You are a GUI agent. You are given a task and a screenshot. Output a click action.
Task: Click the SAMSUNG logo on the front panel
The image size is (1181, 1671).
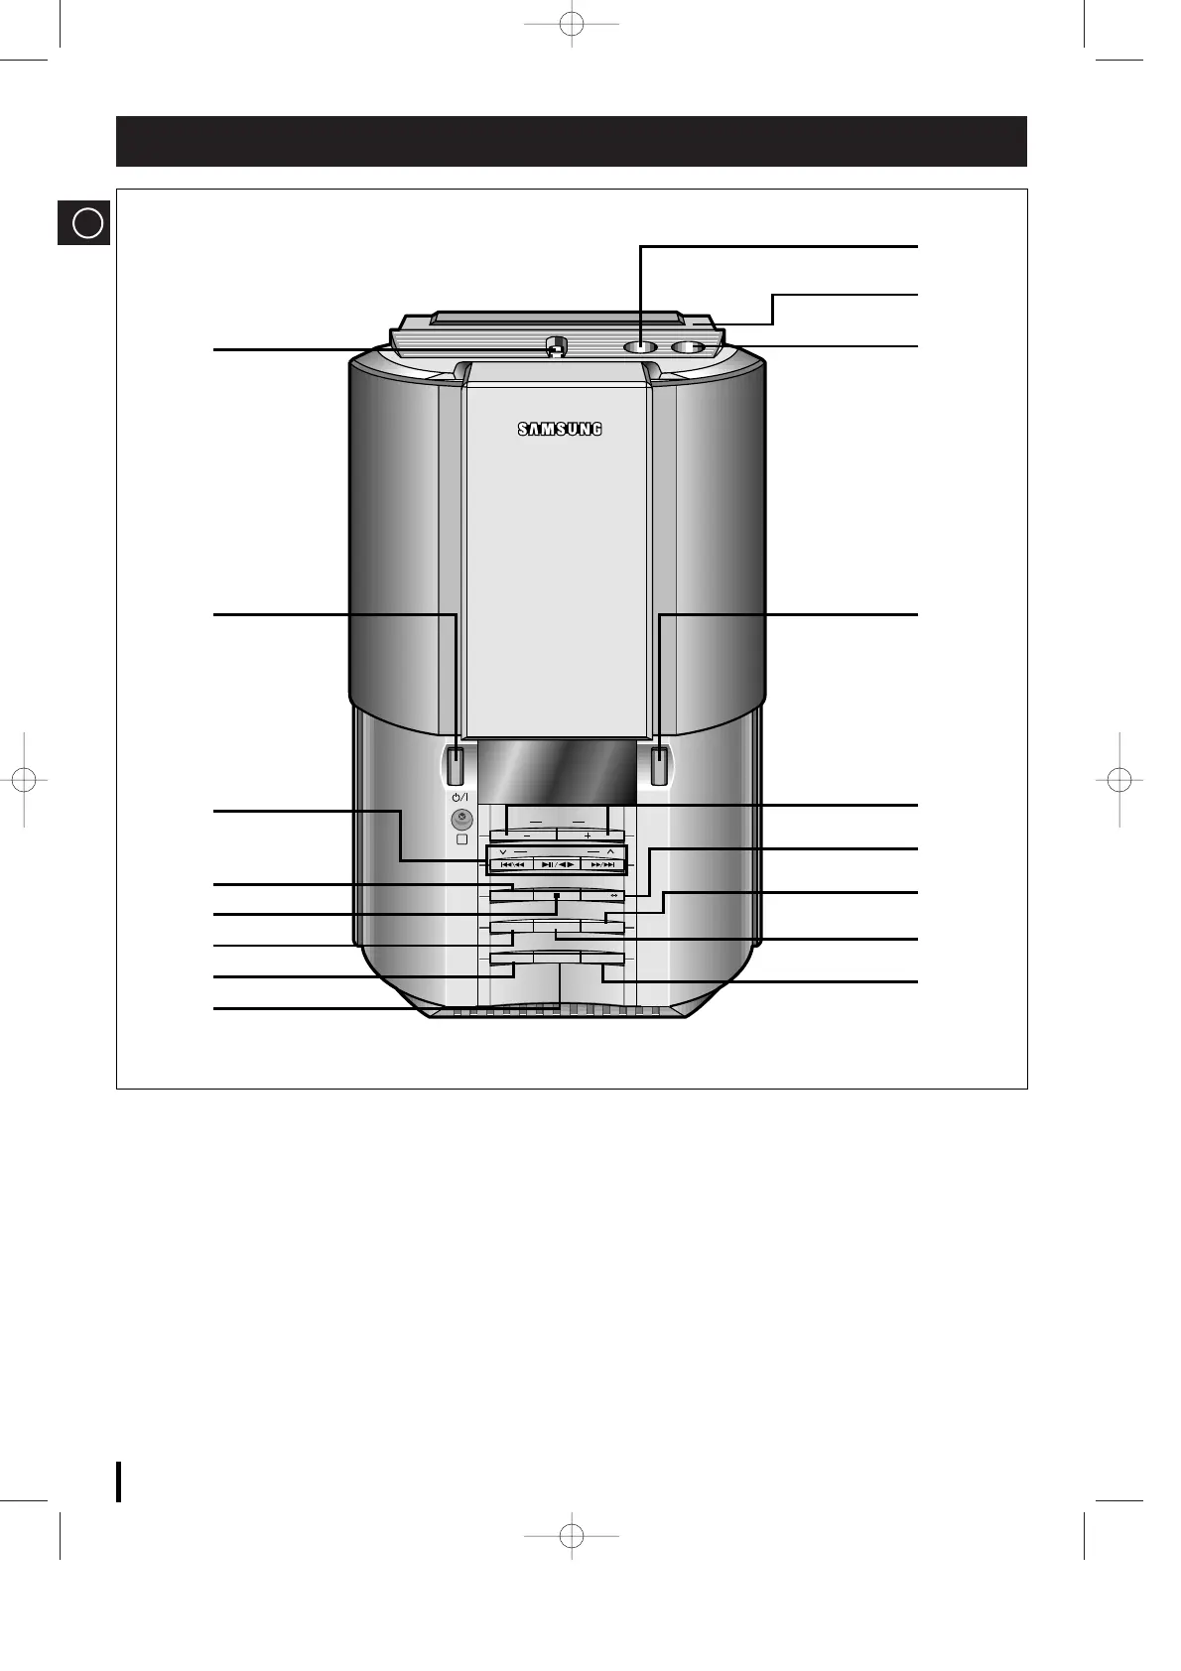tap(560, 429)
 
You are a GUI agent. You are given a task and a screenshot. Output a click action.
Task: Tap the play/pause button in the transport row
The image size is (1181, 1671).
tap(558, 865)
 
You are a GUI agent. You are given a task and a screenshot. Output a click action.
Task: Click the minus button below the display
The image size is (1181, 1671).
tap(526, 835)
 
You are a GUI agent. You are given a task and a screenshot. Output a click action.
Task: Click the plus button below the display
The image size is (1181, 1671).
tap(590, 835)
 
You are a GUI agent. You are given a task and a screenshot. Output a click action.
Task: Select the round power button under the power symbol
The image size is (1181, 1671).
tap(461, 819)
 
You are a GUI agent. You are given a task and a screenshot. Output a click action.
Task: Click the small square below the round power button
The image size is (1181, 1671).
tap(461, 839)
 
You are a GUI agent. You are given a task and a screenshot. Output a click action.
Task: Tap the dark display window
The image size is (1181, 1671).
tap(558, 771)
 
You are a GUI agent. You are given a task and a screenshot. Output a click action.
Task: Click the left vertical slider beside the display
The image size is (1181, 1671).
tap(456, 765)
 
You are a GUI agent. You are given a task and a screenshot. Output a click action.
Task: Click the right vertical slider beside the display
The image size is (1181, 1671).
tap(659, 765)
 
